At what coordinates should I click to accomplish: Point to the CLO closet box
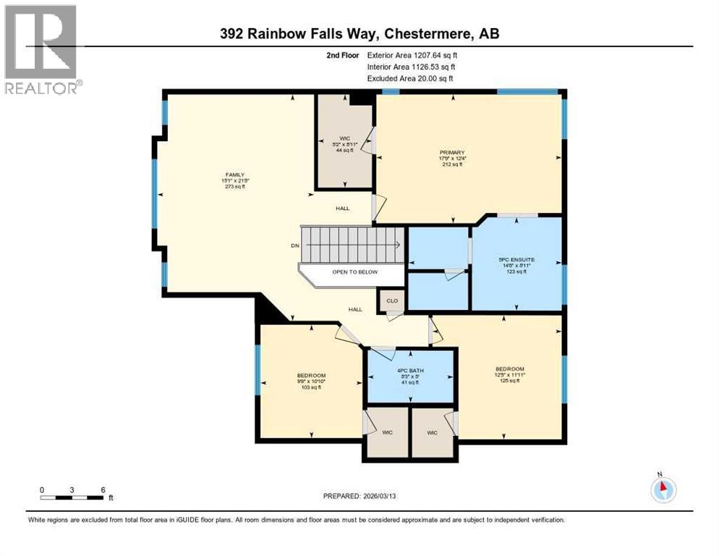pos(391,299)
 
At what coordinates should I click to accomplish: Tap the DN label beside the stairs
pos(294,246)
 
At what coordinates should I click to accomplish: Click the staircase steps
pos(352,245)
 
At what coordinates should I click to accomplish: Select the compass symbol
pos(663,489)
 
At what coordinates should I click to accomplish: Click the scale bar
pos(72,497)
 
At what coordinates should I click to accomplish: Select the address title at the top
pos(359,34)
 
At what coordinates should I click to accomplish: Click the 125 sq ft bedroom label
pos(509,381)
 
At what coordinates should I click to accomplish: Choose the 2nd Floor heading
pos(343,54)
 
